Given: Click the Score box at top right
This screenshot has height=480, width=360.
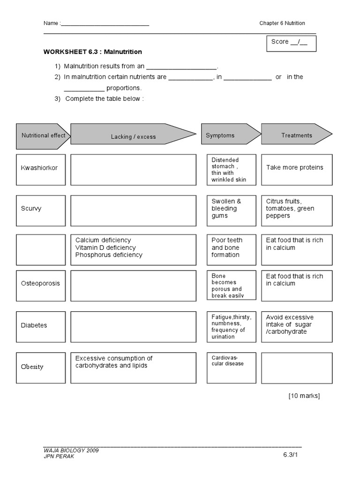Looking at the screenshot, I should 291,43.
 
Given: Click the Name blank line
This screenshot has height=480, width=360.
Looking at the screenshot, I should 105,24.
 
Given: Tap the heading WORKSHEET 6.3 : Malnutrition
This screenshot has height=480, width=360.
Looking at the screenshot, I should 93,52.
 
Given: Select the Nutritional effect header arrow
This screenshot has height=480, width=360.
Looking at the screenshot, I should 43,135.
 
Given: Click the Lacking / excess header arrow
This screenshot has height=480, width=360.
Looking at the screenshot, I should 133,135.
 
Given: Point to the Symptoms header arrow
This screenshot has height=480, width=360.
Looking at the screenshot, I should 230,135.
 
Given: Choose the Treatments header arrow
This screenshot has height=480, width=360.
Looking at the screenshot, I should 296,135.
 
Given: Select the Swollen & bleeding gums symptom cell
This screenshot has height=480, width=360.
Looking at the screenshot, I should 232,209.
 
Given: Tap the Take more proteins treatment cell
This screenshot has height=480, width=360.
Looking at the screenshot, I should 297,168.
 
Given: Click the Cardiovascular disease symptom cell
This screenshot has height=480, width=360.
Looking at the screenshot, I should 232,367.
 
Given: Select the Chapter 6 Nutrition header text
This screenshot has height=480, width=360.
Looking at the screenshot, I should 282,23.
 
